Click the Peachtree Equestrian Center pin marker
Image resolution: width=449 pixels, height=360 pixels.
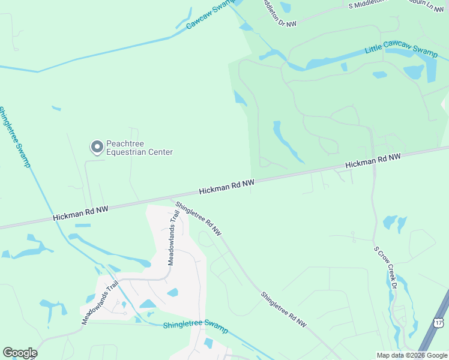pos(97,146)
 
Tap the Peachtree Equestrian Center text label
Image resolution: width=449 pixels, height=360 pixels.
pos(139,148)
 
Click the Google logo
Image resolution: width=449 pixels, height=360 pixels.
pos(20,353)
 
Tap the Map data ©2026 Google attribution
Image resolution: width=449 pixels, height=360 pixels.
pos(412,355)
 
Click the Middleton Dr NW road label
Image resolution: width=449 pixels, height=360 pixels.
pos(280,13)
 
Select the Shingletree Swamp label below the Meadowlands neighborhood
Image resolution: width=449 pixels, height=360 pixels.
pos(196,328)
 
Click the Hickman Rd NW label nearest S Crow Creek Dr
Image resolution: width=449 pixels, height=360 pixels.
pos(372,161)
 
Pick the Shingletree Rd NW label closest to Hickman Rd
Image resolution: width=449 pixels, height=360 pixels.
pos(199,218)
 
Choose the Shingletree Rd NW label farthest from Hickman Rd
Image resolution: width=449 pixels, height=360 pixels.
pos(284,310)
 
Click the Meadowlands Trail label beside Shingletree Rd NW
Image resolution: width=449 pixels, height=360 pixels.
pos(174,238)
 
